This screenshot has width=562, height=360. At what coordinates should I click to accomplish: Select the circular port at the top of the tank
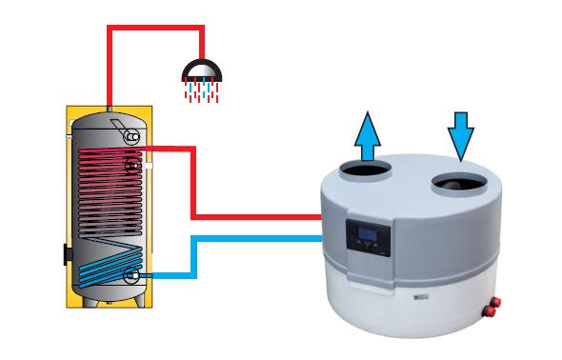pyautogui.click(x=132, y=137)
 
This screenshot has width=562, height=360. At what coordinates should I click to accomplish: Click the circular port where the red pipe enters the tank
pyautogui.click(x=133, y=166)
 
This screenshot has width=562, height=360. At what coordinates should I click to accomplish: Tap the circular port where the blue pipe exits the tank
pyautogui.click(x=130, y=276)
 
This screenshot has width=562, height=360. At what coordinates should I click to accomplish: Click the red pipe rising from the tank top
pyautogui.click(x=110, y=67)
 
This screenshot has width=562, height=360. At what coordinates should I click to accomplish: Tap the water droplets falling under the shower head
pyautogui.click(x=202, y=91)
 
